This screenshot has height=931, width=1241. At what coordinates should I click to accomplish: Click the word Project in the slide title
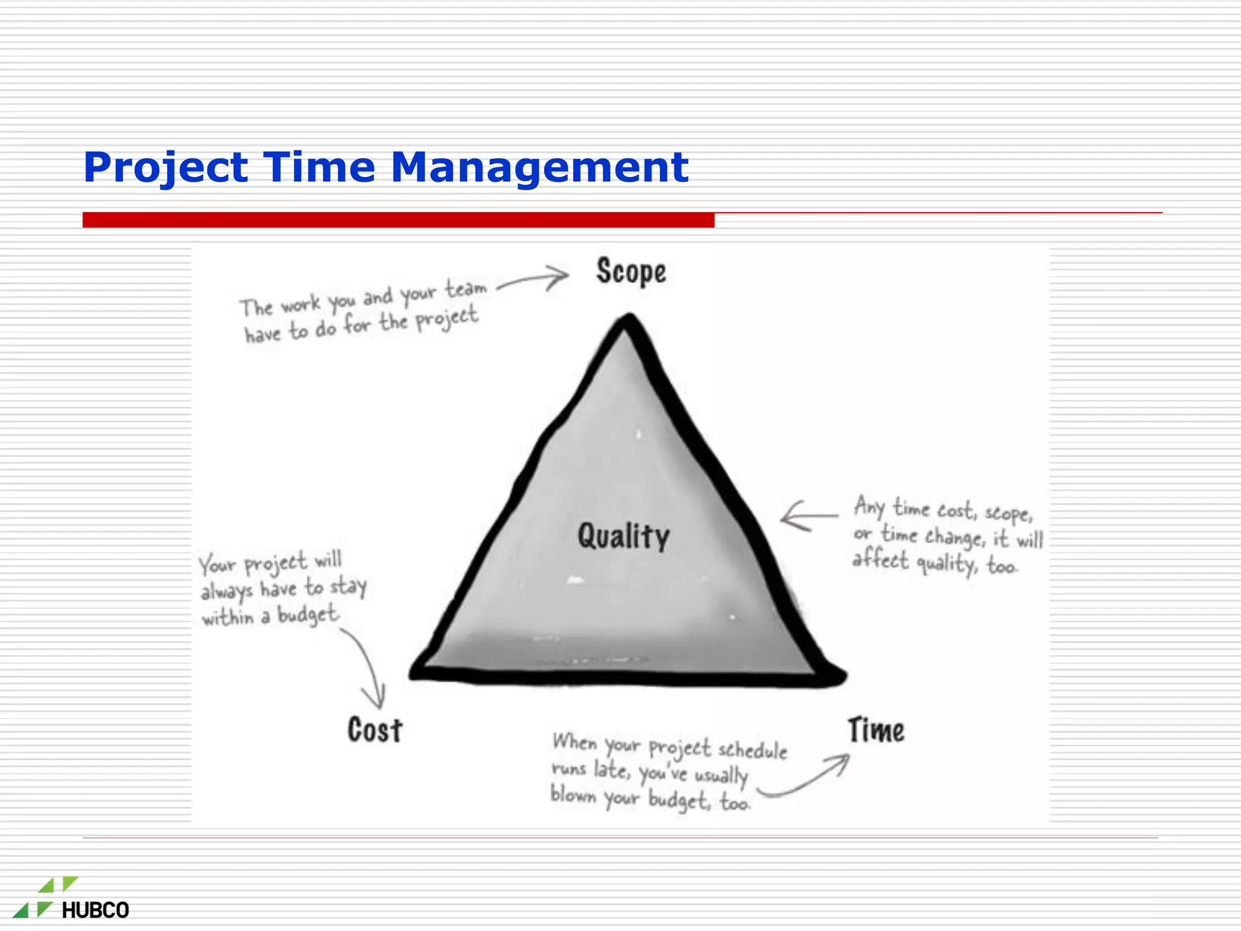coord(165,168)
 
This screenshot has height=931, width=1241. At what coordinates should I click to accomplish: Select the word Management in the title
coord(539,168)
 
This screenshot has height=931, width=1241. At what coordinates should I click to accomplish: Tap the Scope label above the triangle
coord(631,272)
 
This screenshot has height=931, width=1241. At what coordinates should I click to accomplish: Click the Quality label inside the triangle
coord(623,536)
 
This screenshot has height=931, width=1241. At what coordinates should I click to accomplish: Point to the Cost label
coord(374,730)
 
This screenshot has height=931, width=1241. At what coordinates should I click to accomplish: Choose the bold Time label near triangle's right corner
coord(876,730)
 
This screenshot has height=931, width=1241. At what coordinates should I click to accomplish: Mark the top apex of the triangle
coord(628,319)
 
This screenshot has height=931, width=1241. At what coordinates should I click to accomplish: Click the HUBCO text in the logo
coord(95,910)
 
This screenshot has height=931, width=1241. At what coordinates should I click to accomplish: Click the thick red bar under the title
coord(398,220)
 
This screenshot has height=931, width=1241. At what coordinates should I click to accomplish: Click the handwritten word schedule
coord(752,750)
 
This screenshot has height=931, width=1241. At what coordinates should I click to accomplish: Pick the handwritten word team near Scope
coord(466,289)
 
